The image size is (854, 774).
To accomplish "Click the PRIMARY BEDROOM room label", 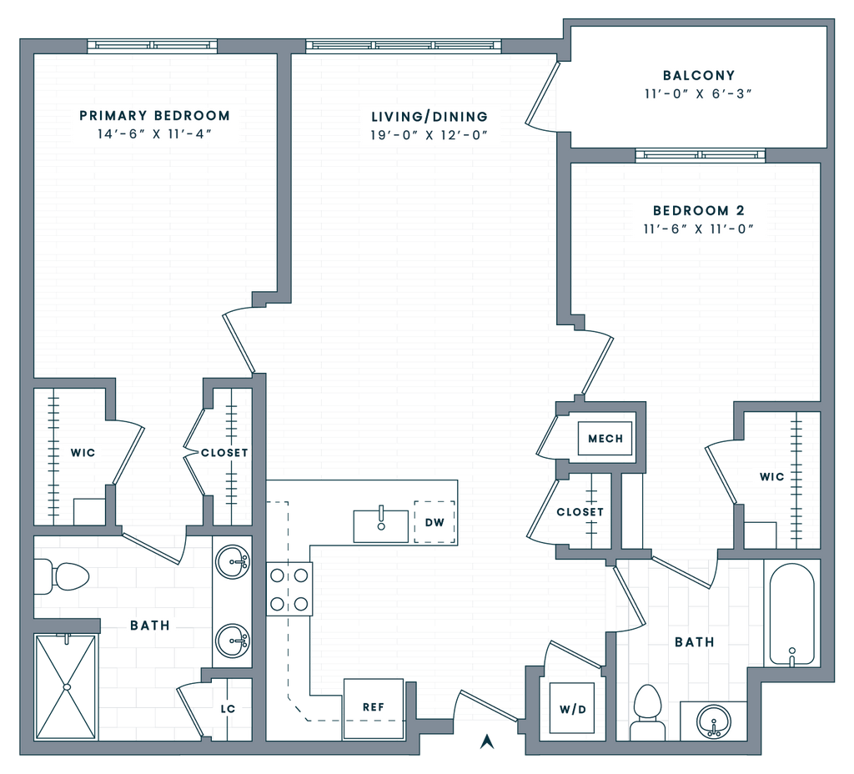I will (x=154, y=116).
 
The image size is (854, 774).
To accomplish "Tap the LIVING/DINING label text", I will (x=430, y=117).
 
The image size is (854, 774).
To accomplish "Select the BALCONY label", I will (x=699, y=76).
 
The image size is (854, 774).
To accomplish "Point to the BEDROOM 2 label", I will (x=698, y=211).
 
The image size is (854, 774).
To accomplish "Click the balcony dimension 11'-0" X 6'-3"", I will (x=699, y=94).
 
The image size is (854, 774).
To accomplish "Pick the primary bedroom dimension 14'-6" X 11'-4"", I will (x=155, y=134).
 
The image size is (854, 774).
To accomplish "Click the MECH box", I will (x=605, y=439).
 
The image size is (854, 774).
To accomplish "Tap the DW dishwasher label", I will (x=435, y=523).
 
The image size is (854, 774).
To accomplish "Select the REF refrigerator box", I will (x=373, y=707).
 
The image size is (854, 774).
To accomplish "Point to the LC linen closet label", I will (x=228, y=710).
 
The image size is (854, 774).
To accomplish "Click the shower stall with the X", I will (x=66, y=686).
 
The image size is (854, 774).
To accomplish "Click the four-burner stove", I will (x=289, y=589).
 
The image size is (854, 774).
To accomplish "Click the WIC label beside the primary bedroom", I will (x=83, y=453).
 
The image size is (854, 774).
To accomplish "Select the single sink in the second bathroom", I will (x=713, y=720).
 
